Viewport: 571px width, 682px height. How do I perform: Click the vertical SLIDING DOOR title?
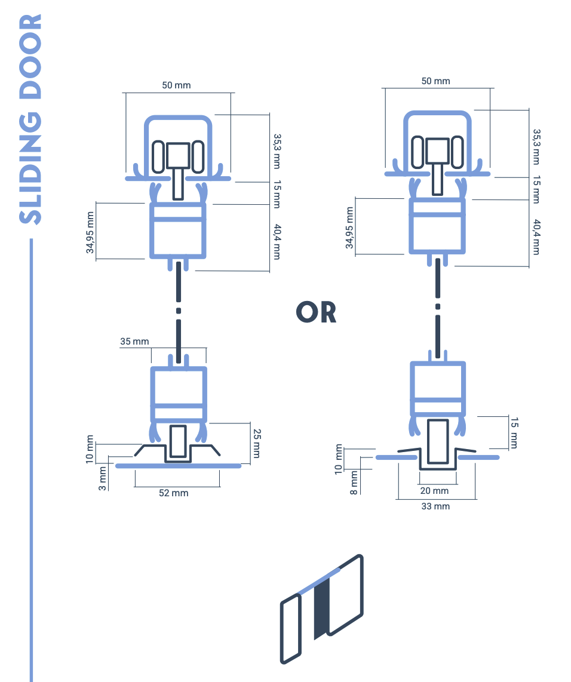point(30,119)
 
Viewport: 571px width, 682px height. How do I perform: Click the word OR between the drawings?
point(316,312)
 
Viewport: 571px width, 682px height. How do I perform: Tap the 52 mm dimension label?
point(173,493)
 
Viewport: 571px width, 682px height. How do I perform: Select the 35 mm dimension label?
point(134,342)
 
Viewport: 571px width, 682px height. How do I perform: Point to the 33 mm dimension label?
point(435,506)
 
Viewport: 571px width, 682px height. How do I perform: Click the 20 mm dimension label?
point(434,491)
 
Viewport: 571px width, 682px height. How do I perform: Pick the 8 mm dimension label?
point(354,483)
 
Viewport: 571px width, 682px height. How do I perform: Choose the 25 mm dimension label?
point(257,443)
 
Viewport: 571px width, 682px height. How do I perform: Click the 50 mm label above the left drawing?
point(176,85)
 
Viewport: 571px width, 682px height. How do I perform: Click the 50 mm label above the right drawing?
point(435,81)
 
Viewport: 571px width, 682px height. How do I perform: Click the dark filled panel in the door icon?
point(321,607)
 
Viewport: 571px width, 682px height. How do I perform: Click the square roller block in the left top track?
point(178,155)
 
